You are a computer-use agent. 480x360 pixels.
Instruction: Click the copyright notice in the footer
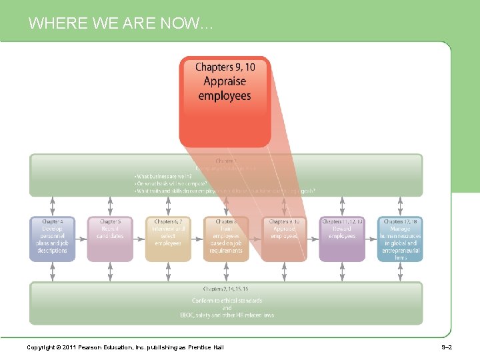click(125, 347)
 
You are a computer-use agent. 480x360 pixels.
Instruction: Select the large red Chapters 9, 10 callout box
click(225, 100)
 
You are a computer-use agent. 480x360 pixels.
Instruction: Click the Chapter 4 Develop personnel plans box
click(53, 238)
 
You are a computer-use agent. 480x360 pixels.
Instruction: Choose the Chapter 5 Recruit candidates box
click(110, 238)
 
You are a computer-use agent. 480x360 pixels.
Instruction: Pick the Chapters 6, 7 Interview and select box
click(168, 238)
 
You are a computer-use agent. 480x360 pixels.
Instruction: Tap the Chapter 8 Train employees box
click(226, 238)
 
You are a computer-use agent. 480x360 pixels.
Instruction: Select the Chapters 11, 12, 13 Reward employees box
click(342, 238)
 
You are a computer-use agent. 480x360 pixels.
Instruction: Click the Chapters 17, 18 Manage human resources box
click(400, 238)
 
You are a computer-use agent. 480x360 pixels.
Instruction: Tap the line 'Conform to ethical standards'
click(227, 301)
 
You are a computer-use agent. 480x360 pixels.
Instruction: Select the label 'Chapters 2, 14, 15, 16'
click(226, 289)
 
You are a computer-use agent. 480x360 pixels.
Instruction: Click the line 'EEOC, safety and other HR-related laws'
click(227, 315)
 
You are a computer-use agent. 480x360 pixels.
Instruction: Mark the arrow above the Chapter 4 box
click(53, 206)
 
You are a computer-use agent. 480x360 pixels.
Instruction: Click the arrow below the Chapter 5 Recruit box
click(110, 271)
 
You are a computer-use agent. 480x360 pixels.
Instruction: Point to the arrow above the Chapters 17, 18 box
click(400, 206)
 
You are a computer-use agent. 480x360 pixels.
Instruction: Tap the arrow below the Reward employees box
click(342, 271)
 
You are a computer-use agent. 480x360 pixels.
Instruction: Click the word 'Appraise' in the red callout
click(225, 81)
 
